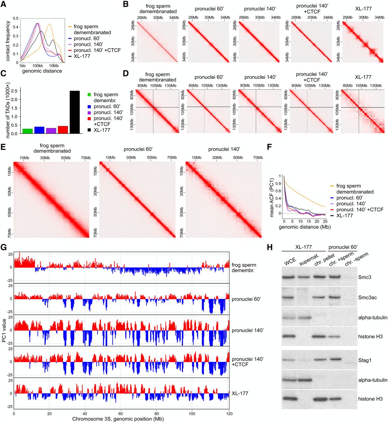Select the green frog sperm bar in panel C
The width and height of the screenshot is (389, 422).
pos(27,131)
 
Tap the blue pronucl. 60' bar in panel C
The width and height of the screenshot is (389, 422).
pos(39,130)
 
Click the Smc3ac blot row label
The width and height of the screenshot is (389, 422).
pos(368,298)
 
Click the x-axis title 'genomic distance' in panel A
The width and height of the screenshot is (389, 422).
pos(42,71)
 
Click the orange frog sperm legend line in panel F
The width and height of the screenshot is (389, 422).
pos(332,186)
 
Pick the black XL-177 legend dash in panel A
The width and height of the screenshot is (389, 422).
pos(70,56)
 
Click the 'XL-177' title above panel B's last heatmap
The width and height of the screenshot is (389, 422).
pos(363,9)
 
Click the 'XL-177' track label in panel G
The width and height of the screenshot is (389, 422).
pos(240,393)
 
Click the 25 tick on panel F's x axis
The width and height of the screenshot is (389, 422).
pos(325,222)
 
